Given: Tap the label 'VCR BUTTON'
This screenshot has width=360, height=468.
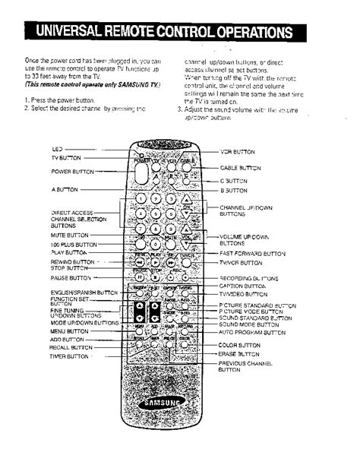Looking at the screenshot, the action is pyautogui.click(x=236, y=152).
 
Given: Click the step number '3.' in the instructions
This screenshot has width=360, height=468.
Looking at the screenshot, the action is pyautogui.click(x=180, y=109).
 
